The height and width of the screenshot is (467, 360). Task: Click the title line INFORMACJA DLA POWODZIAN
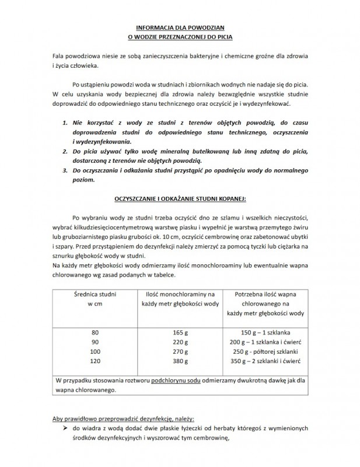(x=180, y=27)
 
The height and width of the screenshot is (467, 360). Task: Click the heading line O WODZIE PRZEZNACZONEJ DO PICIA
(x=180, y=36)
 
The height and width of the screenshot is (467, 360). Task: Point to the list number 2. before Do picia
(x=64, y=151)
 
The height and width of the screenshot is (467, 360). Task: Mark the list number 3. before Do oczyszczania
(x=64, y=170)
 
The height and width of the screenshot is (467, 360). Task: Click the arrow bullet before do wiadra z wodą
(x=60, y=429)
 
